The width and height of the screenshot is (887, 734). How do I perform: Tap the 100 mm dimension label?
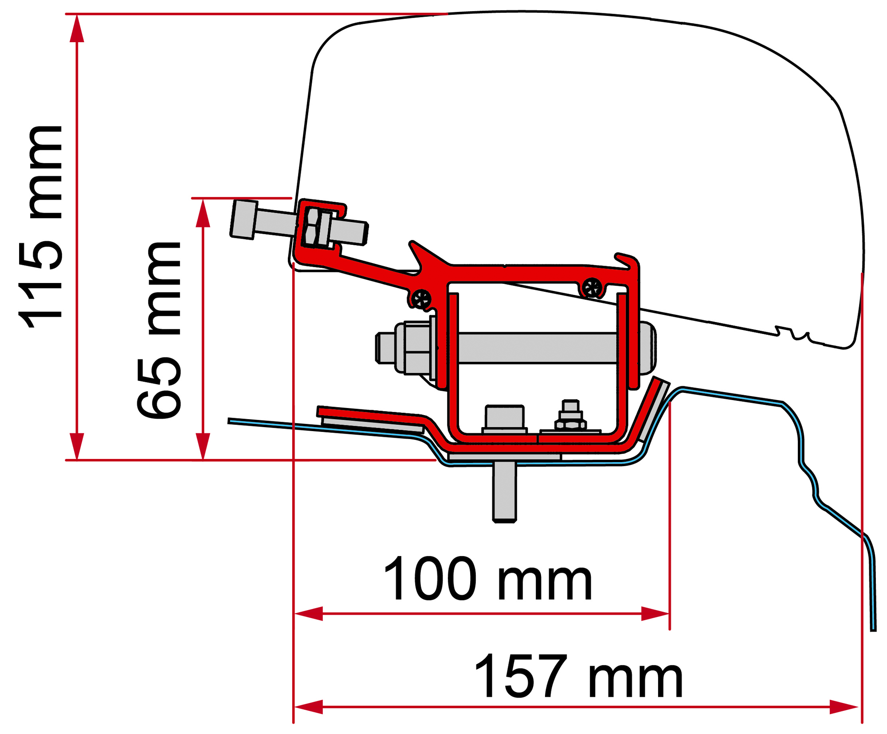point(487,579)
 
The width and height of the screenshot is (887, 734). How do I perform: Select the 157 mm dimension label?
point(579,676)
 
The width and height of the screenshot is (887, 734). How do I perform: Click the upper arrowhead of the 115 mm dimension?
point(77,28)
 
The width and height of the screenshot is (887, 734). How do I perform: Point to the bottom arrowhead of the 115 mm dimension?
point(77,446)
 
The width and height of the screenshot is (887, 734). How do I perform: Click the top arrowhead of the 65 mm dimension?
point(203,213)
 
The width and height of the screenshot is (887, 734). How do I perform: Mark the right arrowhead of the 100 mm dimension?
point(655,614)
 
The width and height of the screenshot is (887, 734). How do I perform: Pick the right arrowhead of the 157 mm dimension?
point(844,707)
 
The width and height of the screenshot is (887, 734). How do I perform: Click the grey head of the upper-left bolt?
point(243,220)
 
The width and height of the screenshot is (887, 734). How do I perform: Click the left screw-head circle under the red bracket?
point(421,299)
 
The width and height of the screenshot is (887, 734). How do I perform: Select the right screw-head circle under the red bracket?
point(592,288)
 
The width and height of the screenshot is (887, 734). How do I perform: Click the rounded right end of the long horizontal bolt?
point(647,348)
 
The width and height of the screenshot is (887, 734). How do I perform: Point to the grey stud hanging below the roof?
point(504,492)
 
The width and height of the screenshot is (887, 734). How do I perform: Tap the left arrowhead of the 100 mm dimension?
point(309,614)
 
